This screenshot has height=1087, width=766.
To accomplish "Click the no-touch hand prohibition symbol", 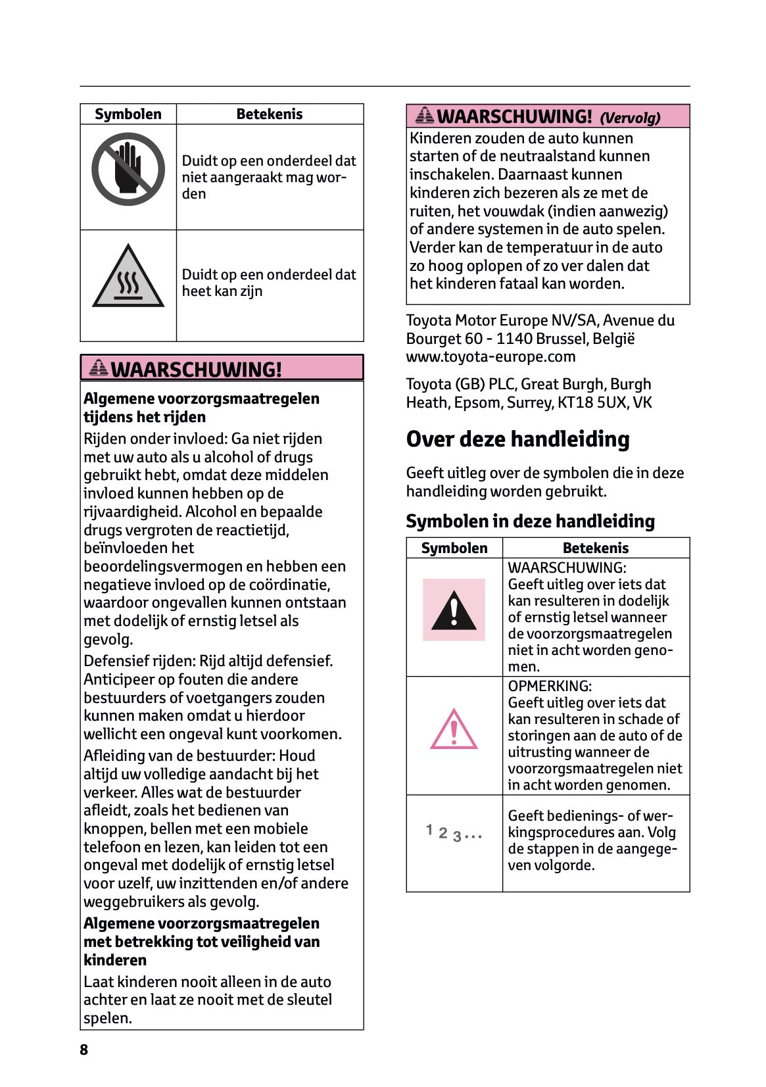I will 128,169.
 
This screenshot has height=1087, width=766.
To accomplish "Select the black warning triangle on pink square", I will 454,610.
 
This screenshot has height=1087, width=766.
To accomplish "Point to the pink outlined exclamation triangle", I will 454,730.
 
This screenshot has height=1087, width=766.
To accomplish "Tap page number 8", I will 84,1050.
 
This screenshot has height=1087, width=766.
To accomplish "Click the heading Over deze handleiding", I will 517,439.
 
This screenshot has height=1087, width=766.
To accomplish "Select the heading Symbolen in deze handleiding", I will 530,521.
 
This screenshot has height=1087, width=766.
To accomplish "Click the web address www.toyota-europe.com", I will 491,357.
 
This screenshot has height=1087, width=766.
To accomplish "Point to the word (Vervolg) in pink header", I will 630,118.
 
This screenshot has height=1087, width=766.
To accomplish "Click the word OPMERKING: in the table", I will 550,687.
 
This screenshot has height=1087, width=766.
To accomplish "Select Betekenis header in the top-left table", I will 270,114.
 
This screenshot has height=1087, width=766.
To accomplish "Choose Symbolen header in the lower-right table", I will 454,548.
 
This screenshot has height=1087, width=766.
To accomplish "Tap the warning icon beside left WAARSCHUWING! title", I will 98,368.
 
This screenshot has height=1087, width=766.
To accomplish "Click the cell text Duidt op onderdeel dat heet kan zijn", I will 268,283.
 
